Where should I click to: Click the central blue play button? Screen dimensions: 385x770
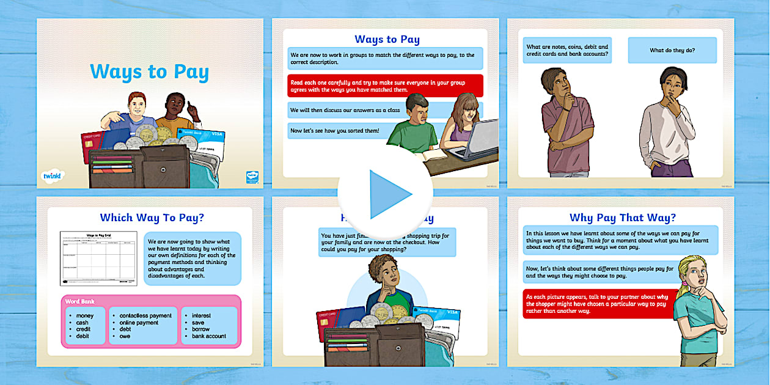point(386,194)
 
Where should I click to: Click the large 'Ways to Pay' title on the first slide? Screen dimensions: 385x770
point(149,71)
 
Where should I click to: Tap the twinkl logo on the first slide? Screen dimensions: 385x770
point(53,176)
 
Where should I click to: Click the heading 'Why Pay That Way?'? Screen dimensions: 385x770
point(622,217)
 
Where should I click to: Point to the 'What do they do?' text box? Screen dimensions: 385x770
point(672,51)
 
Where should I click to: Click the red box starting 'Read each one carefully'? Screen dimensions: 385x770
point(385,86)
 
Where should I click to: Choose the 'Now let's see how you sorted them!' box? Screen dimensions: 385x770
point(336,130)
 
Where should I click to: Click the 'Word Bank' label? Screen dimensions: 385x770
point(80,301)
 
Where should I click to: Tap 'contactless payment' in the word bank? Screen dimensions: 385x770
point(145,315)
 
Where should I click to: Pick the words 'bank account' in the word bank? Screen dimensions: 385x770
point(209,336)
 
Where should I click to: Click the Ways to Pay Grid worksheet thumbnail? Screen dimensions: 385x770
point(98,258)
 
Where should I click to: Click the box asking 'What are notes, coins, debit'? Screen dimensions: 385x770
point(568,51)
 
